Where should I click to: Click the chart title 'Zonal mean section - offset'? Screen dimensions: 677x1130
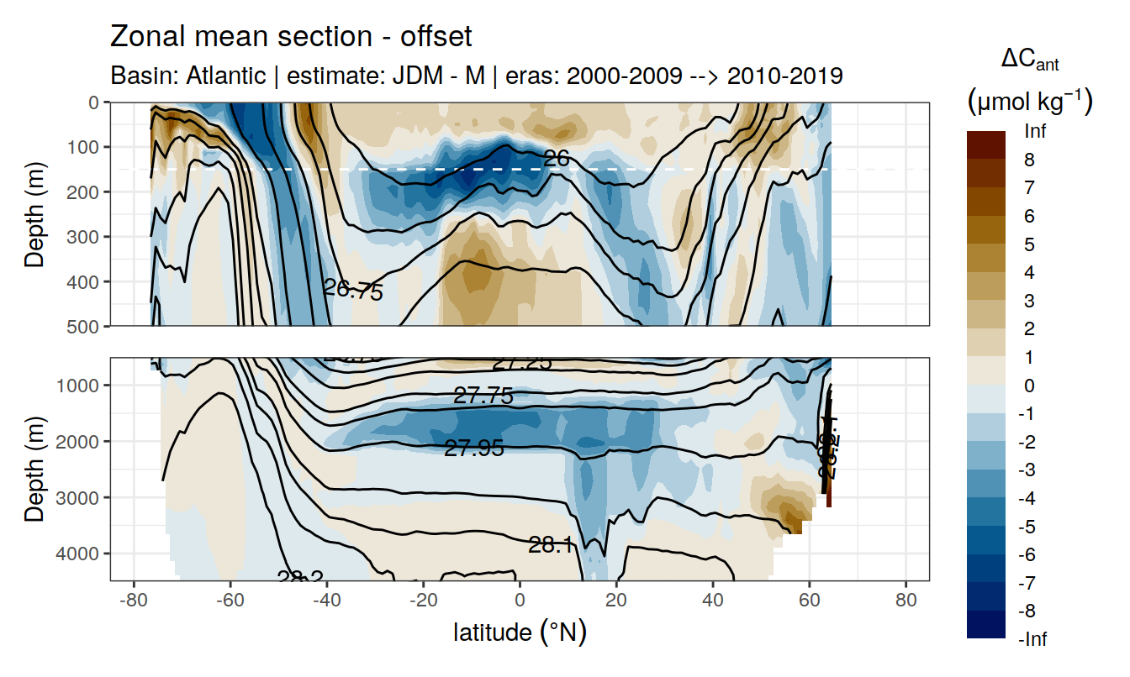tap(291, 37)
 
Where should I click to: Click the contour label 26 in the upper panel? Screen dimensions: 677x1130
tap(557, 157)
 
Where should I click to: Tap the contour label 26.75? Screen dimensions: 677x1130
tap(353, 290)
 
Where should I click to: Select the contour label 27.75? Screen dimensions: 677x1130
tap(483, 396)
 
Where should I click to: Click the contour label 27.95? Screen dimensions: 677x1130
tap(474, 449)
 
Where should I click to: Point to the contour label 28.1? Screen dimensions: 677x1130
tap(551, 545)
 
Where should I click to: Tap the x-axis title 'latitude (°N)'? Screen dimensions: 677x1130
tap(520, 632)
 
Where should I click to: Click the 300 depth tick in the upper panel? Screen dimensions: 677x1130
tap(87, 236)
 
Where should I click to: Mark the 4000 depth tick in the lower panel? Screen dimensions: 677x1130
tap(82, 553)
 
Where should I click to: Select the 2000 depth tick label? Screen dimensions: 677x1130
tap(82, 441)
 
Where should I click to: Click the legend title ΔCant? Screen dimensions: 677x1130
tap(1029, 60)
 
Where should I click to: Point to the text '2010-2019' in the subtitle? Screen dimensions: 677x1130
tap(784, 76)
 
